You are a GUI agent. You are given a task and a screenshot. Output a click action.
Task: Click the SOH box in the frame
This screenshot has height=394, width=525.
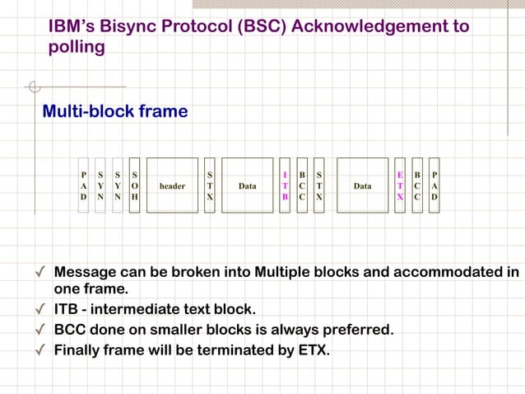135,185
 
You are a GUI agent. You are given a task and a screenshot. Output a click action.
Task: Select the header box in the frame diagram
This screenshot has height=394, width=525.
172,185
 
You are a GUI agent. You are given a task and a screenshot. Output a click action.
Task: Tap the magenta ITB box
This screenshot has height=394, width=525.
285,185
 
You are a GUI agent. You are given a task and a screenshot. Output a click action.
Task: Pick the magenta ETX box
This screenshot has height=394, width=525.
400,185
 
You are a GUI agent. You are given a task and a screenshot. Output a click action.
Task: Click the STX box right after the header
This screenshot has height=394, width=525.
210,185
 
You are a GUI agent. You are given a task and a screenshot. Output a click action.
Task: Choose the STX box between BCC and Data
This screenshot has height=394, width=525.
319,185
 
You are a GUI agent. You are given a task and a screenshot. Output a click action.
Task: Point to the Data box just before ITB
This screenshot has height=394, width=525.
247,185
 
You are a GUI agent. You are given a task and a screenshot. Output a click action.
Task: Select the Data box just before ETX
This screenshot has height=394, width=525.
362,185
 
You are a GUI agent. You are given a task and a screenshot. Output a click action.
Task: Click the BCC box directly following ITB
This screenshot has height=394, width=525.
302,185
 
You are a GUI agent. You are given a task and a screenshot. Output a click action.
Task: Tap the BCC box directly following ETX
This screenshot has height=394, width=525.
417,185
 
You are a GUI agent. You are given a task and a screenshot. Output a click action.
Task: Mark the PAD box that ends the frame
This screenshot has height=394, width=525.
434,185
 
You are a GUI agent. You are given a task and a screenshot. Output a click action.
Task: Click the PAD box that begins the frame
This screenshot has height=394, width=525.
83,185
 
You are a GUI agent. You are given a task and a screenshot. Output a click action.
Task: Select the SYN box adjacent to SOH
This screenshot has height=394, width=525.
118,185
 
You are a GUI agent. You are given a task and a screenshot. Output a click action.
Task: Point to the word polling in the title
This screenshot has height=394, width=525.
77,47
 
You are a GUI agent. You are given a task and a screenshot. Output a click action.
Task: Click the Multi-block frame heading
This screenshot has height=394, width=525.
115,110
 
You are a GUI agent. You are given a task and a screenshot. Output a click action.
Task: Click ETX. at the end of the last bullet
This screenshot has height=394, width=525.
313,350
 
